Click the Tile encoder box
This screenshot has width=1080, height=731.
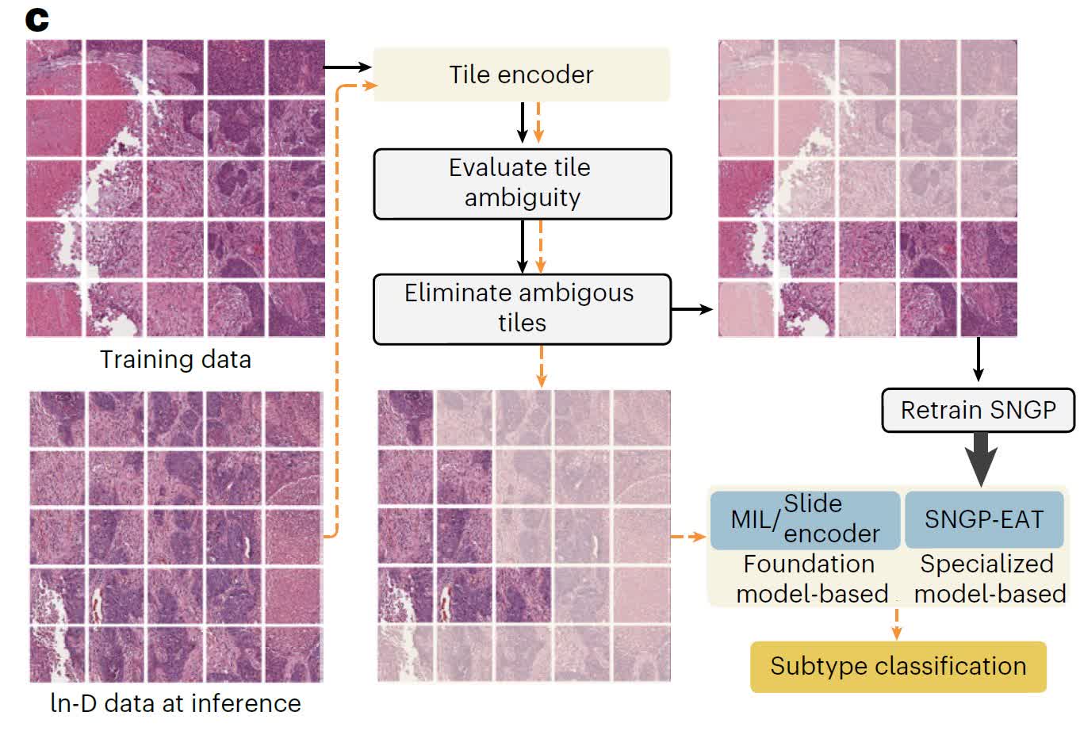tap(522, 75)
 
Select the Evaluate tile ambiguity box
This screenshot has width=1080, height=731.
tap(523, 184)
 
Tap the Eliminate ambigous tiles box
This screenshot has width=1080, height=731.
tap(523, 309)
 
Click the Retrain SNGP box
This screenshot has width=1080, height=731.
tap(979, 411)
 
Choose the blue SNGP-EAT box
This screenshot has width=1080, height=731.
tap(984, 519)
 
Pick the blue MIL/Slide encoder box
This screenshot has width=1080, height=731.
tap(805, 520)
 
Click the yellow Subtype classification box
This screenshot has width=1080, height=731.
tap(898, 667)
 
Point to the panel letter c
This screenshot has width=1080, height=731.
tap(37, 21)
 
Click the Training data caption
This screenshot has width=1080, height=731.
tap(175, 360)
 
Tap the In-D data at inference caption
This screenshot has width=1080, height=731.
tap(175, 703)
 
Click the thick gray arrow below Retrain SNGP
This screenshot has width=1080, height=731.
tap(981, 459)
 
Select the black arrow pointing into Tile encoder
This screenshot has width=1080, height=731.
tap(347, 67)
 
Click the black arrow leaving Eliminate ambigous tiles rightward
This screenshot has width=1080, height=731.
tap(692, 309)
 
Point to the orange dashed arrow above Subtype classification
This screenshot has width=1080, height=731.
tap(896, 625)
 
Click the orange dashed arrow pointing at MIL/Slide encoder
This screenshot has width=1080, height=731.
tap(688, 536)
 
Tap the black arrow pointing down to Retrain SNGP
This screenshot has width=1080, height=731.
tap(979, 359)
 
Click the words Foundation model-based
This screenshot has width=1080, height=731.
tap(812, 579)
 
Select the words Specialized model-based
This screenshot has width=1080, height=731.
tap(990, 579)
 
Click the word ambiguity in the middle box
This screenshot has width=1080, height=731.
tap(523, 198)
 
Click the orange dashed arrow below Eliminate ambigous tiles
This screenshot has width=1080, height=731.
tap(541, 366)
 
